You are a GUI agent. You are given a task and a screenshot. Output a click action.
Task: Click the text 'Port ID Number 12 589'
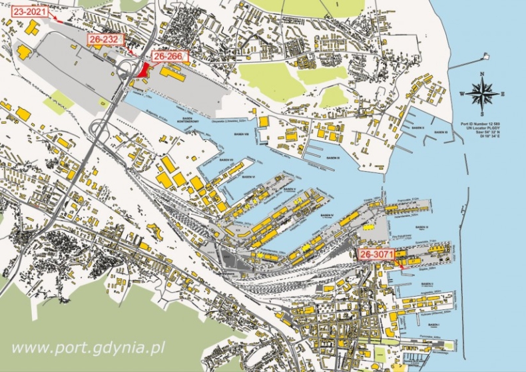click(482, 124)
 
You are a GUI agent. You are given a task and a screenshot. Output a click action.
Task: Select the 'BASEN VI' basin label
click(249, 178)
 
